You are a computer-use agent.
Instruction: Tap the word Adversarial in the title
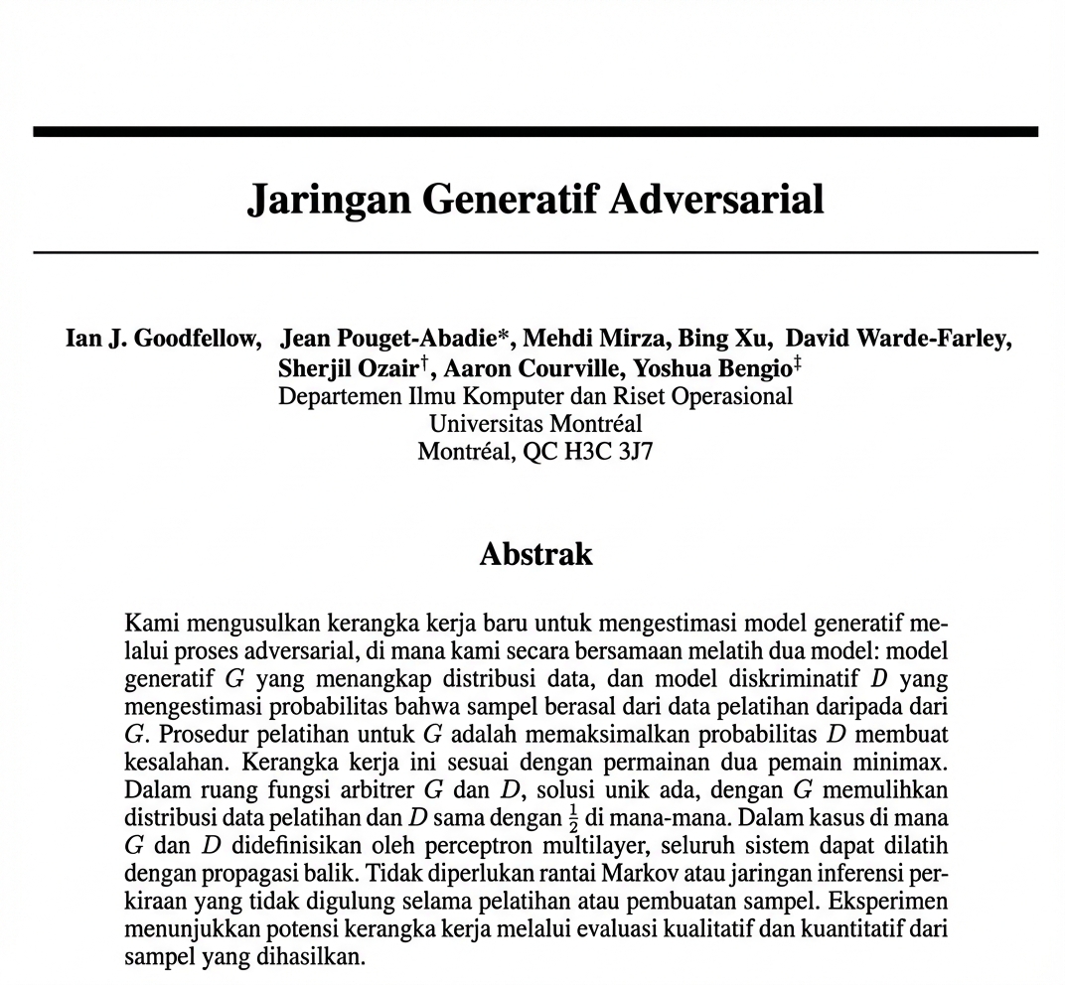pos(717,200)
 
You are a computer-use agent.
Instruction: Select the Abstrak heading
pos(535,553)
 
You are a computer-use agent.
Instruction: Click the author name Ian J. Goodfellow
pos(163,340)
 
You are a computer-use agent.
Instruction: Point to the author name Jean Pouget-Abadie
pos(387,340)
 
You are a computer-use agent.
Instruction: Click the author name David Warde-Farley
pos(898,340)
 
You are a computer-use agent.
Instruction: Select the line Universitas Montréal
pos(535,424)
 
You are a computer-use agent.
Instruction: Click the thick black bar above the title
pos(535,131)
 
